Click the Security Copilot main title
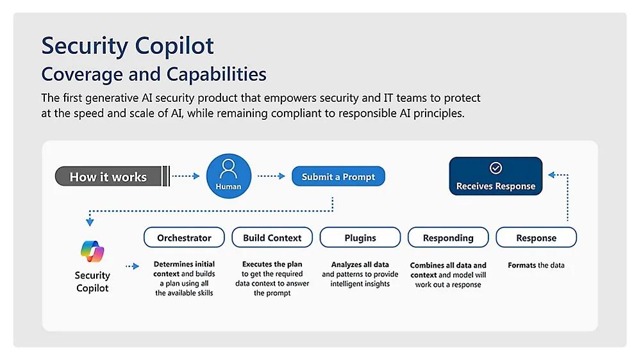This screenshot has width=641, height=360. pos(128,46)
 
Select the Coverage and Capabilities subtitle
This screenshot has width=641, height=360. pos(154,74)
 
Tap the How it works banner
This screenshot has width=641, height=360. pos(112,176)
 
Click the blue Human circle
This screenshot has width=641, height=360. pos(229,176)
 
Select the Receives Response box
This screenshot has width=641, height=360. pos(495,176)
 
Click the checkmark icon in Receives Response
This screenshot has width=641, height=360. pos(495,168)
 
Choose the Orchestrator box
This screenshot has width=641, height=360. pos(184,238)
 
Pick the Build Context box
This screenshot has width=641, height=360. pos(272,238)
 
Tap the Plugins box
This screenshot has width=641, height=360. pos(360,238)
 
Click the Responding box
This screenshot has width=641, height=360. pos(448,238)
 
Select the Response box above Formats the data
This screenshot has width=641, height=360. pos(537,238)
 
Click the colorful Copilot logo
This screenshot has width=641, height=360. pos(92,251)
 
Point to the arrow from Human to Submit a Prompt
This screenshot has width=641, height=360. pos(271,176)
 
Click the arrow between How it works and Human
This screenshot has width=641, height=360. pos(186,176)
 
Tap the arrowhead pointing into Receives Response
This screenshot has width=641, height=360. pos(551,175)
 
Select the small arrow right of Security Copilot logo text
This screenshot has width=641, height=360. pos(133,266)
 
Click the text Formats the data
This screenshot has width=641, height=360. pos(536,265)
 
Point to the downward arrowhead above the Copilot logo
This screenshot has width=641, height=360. pos(90,222)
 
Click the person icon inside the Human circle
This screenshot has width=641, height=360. pos(229,169)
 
